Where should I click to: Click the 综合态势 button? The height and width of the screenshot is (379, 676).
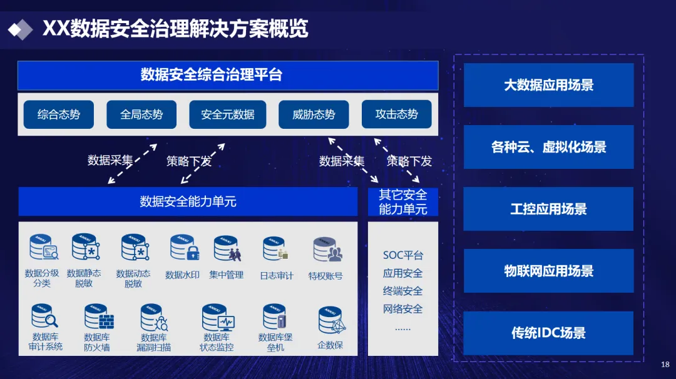tap(59, 114)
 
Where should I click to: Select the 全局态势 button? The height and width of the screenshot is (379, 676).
tap(141, 114)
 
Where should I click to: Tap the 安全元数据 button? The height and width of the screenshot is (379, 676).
tap(227, 114)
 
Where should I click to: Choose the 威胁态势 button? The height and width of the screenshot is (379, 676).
tap(314, 114)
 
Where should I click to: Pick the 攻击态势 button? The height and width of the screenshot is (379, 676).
tap(396, 114)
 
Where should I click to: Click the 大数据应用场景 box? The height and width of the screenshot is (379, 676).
tap(548, 85)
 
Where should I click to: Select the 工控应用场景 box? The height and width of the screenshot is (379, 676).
tap(548, 209)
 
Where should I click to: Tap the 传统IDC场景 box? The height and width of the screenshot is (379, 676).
tap(548, 333)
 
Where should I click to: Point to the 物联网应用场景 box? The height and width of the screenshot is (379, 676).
tap(548, 271)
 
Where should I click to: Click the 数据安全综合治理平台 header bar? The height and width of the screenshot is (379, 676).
tap(228, 75)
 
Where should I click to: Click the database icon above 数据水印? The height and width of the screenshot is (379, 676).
tap(184, 248)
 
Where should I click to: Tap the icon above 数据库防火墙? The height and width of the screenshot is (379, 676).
tap(98, 317)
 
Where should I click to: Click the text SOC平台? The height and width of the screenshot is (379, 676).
tap(403, 255)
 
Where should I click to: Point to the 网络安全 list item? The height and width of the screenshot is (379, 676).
tap(403, 309)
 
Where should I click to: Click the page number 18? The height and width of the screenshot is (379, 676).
tap(665, 364)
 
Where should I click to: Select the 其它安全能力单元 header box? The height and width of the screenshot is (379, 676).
tap(403, 202)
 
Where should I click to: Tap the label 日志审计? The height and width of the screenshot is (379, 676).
tap(276, 276)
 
